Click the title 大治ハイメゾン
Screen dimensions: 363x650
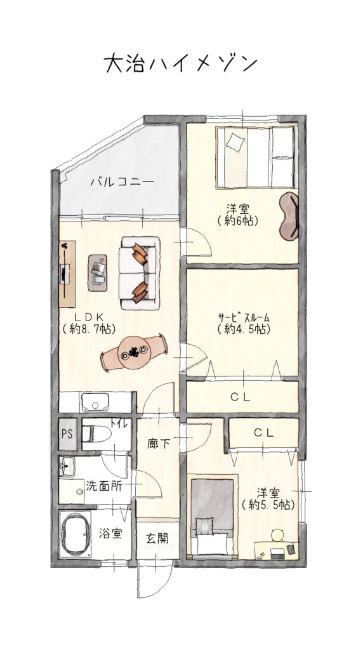[x=181, y=64]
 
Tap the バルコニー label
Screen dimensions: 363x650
[x=122, y=182]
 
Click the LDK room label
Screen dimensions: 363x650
[x=89, y=322]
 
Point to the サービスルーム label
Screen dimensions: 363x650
[x=244, y=323]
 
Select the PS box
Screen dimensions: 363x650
[x=67, y=434]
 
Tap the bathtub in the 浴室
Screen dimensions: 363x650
[x=75, y=534]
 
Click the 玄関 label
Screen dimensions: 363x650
[x=157, y=538]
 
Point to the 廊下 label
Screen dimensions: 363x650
[x=158, y=444]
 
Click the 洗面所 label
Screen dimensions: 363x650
[x=104, y=486]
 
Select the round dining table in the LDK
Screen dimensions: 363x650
[x=133, y=352]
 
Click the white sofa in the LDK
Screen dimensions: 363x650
[x=139, y=273]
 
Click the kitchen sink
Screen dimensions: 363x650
[x=95, y=402]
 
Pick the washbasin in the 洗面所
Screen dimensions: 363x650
[x=67, y=467]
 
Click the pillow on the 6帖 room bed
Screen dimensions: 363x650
[x=236, y=143]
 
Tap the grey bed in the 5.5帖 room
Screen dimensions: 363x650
[x=212, y=516]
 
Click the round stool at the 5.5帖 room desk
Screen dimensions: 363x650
[x=277, y=536]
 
